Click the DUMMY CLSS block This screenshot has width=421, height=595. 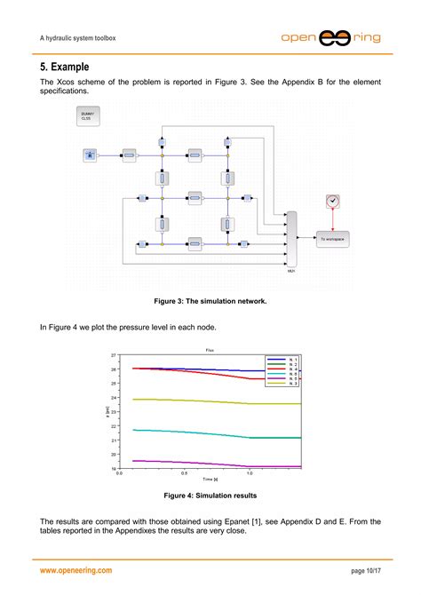88,115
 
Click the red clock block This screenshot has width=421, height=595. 332,202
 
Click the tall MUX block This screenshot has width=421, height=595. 290,239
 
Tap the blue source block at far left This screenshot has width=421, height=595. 90,155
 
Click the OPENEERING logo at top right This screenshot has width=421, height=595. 333,38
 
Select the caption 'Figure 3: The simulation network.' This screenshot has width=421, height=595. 210,301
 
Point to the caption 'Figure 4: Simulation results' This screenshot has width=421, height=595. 210,496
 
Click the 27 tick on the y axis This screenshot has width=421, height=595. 114,354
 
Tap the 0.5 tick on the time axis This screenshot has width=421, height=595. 184,473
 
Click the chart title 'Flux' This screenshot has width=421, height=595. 210,350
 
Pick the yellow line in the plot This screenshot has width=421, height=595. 195,401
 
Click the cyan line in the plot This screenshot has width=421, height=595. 195,432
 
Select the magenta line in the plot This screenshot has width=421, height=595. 195,463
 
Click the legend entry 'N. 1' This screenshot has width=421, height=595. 282,358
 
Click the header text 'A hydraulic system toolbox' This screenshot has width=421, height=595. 78,38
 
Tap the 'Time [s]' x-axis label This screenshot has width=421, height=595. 210,479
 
